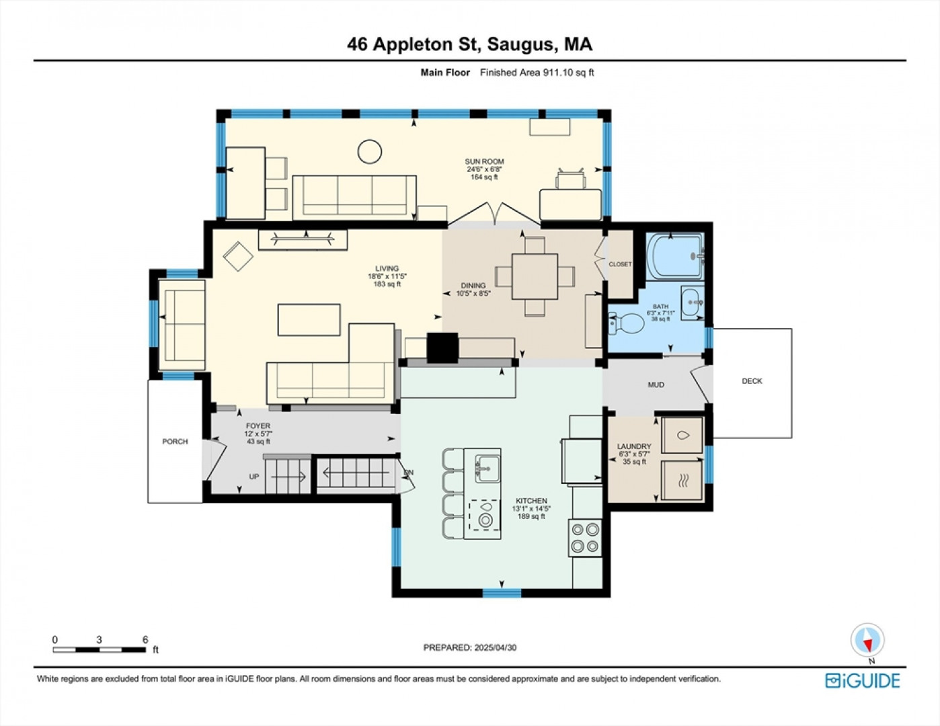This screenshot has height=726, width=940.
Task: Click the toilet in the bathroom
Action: [627, 323]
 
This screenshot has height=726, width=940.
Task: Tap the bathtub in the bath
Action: [674, 256]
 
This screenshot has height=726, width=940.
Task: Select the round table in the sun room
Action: [370, 151]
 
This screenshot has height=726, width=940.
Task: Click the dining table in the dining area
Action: [535, 277]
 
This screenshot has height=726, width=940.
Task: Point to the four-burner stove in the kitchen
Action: [585, 538]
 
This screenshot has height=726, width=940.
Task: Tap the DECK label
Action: [752, 381]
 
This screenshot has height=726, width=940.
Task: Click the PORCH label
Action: [175, 442]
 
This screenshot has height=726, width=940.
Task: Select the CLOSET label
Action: [620, 264]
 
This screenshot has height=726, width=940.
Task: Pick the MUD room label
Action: [656, 385]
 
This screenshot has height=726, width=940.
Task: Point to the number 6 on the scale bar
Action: [145, 639]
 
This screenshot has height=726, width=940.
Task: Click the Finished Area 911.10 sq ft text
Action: [537, 73]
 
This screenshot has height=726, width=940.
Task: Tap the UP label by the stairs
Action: [254, 477]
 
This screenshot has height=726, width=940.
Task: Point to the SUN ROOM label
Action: [485, 161]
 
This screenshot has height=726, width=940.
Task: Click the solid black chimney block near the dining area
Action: [442, 348]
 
